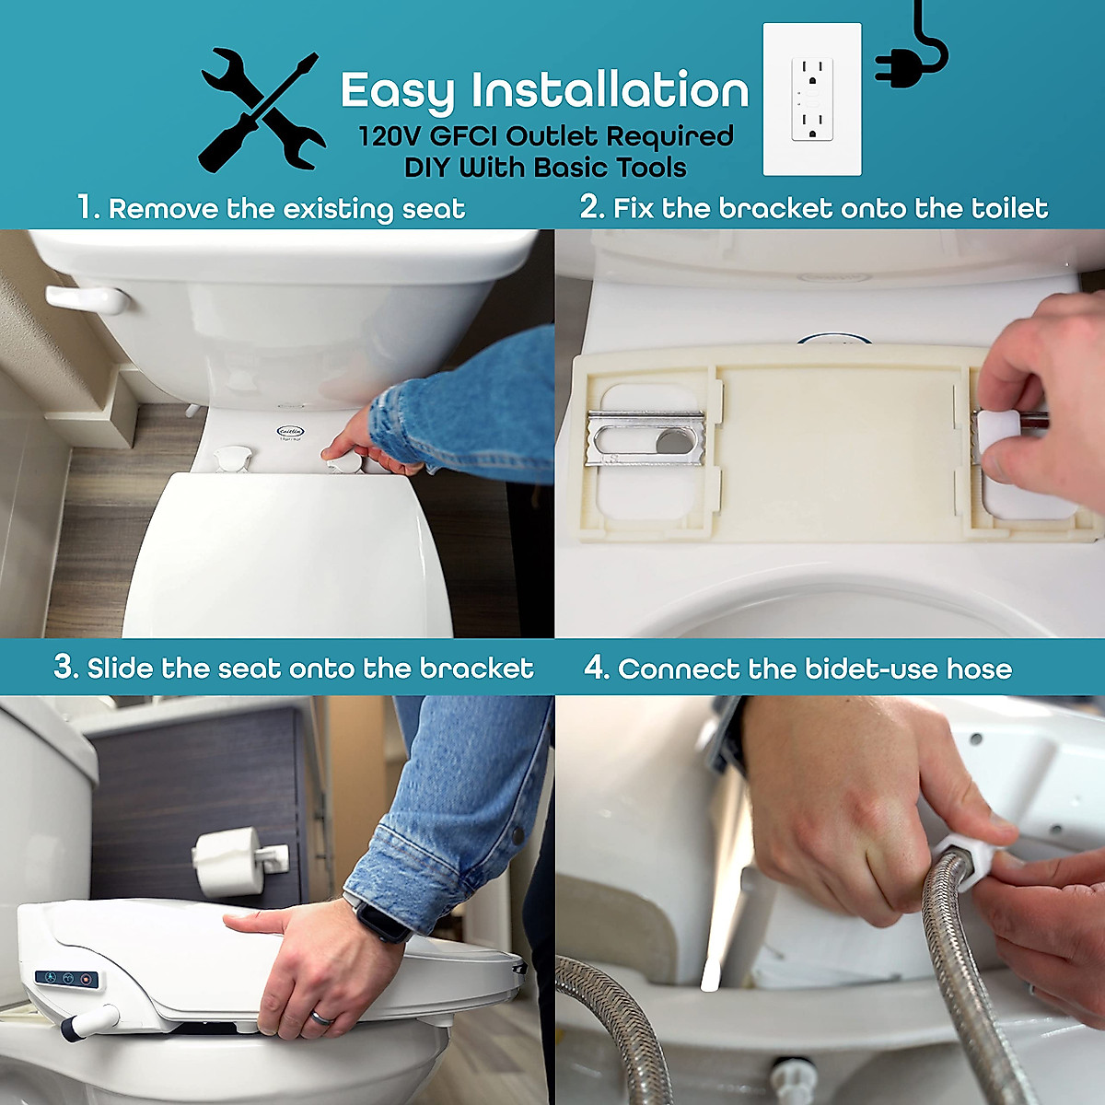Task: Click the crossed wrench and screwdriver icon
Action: click(x=262, y=111)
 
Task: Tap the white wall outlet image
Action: click(x=812, y=99)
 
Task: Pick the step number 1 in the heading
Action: click(x=87, y=207)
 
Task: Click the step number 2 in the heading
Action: click(x=590, y=207)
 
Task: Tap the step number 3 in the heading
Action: click(x=64, y=667)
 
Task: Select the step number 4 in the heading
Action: click(x=596, y=668)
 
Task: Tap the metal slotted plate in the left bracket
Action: click(x=646, y=437)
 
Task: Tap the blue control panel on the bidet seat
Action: click(x=66, y=978)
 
